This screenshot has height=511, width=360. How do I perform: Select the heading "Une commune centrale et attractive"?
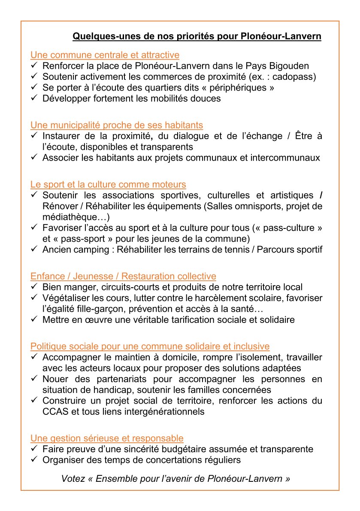point(105,55)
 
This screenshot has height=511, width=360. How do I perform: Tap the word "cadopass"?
point(297,76)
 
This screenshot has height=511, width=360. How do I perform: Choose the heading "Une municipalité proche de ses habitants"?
point(117,125)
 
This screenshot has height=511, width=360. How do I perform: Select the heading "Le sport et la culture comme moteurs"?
point(108,185)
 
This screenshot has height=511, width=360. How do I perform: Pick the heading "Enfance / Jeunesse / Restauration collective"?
point(123,276)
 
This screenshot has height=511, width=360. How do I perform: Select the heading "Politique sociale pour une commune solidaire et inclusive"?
point(150,346)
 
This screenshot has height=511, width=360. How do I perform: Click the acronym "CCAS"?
point(54,411)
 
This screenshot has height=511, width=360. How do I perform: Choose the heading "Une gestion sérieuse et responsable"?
point(107,438)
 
